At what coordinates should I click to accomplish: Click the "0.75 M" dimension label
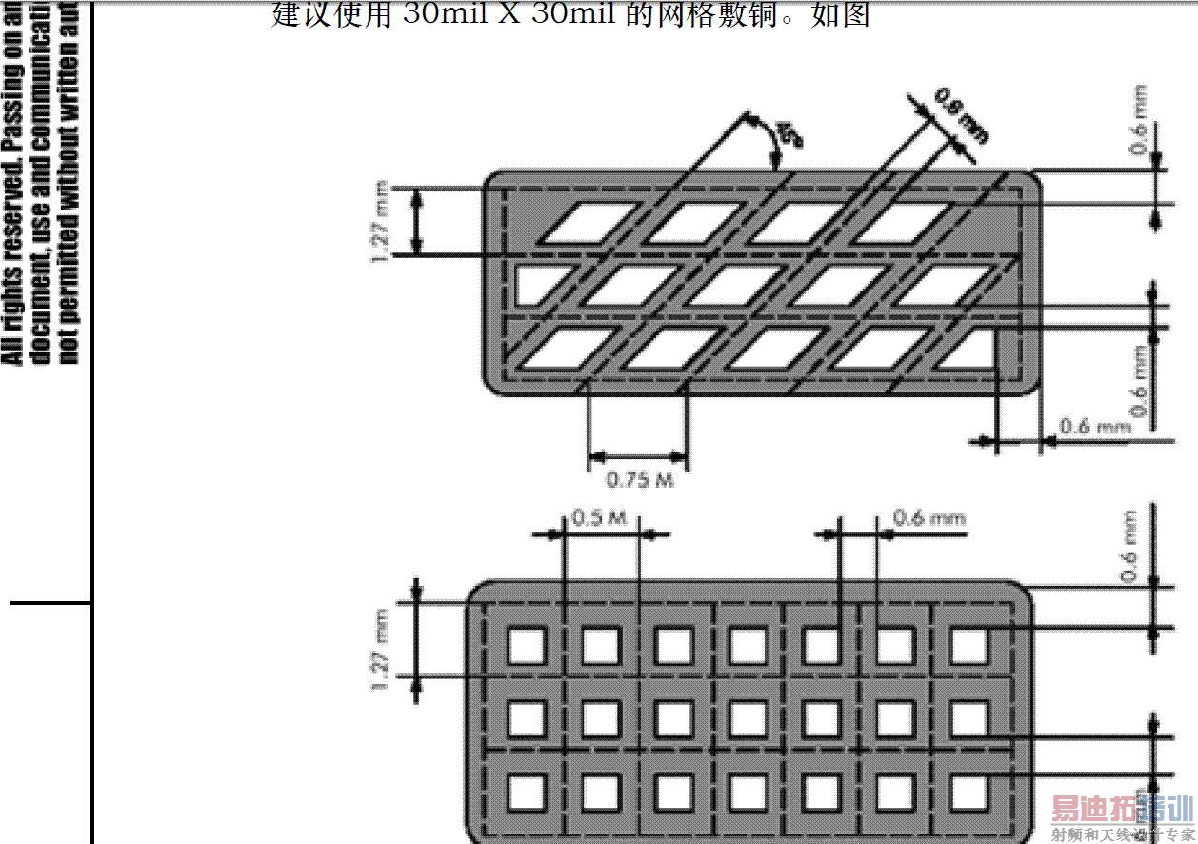point(639,479)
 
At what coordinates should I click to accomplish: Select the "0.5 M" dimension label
point(599,519)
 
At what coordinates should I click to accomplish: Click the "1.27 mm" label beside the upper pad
point(381,220)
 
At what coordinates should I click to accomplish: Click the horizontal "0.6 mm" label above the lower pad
point(928,519)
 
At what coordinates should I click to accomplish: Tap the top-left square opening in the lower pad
point(526,646)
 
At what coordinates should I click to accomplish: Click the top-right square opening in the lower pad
point(969,646)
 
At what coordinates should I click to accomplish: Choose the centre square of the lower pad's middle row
point(748,718)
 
